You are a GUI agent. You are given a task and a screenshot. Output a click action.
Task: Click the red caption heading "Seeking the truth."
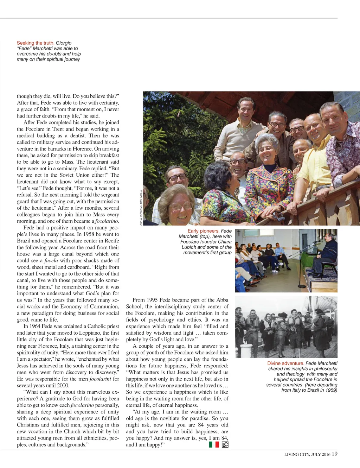[x=36, y=43]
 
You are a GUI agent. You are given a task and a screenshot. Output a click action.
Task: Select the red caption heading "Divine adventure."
[x=285, y=363]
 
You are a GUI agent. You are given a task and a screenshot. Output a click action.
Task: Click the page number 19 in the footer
[x=334, y=454]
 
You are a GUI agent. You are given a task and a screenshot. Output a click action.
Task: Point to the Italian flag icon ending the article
[x=214, y=444]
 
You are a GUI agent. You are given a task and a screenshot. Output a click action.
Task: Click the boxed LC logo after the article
[x=225, y=444]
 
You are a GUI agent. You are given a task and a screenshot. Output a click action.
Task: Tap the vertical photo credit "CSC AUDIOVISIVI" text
[x=141, y=208]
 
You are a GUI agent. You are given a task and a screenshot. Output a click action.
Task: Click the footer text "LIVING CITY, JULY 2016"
[x=307, y=454]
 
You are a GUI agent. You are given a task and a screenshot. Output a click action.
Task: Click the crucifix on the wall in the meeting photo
[x=238, y=233]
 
